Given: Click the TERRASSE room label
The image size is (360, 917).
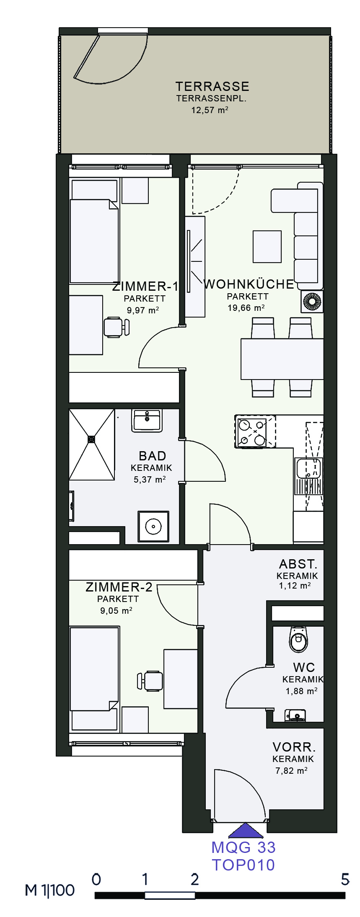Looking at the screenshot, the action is [212, 87].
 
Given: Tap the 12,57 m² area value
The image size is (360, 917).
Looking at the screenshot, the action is [210, 110].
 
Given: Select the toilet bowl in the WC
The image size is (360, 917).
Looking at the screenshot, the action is [298, 639].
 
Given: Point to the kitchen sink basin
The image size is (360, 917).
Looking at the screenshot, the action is [308, 468].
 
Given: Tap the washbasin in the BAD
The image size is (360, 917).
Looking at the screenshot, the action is [147, 421].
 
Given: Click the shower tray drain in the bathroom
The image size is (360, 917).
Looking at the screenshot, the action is [91, 439].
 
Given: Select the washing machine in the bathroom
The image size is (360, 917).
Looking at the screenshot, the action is [153, 526].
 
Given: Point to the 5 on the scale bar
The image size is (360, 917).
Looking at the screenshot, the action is [344, 879].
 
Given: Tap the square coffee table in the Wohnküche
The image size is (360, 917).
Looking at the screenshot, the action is [267, 247].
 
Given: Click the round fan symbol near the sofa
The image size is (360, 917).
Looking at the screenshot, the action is [312, 302].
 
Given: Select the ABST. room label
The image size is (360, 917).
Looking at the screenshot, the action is [298, 564].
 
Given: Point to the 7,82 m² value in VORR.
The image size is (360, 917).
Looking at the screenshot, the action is [291, 770].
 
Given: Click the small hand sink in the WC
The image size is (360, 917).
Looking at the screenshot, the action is [295, 715].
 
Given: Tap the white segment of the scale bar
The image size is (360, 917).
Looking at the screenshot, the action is [170, 896].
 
